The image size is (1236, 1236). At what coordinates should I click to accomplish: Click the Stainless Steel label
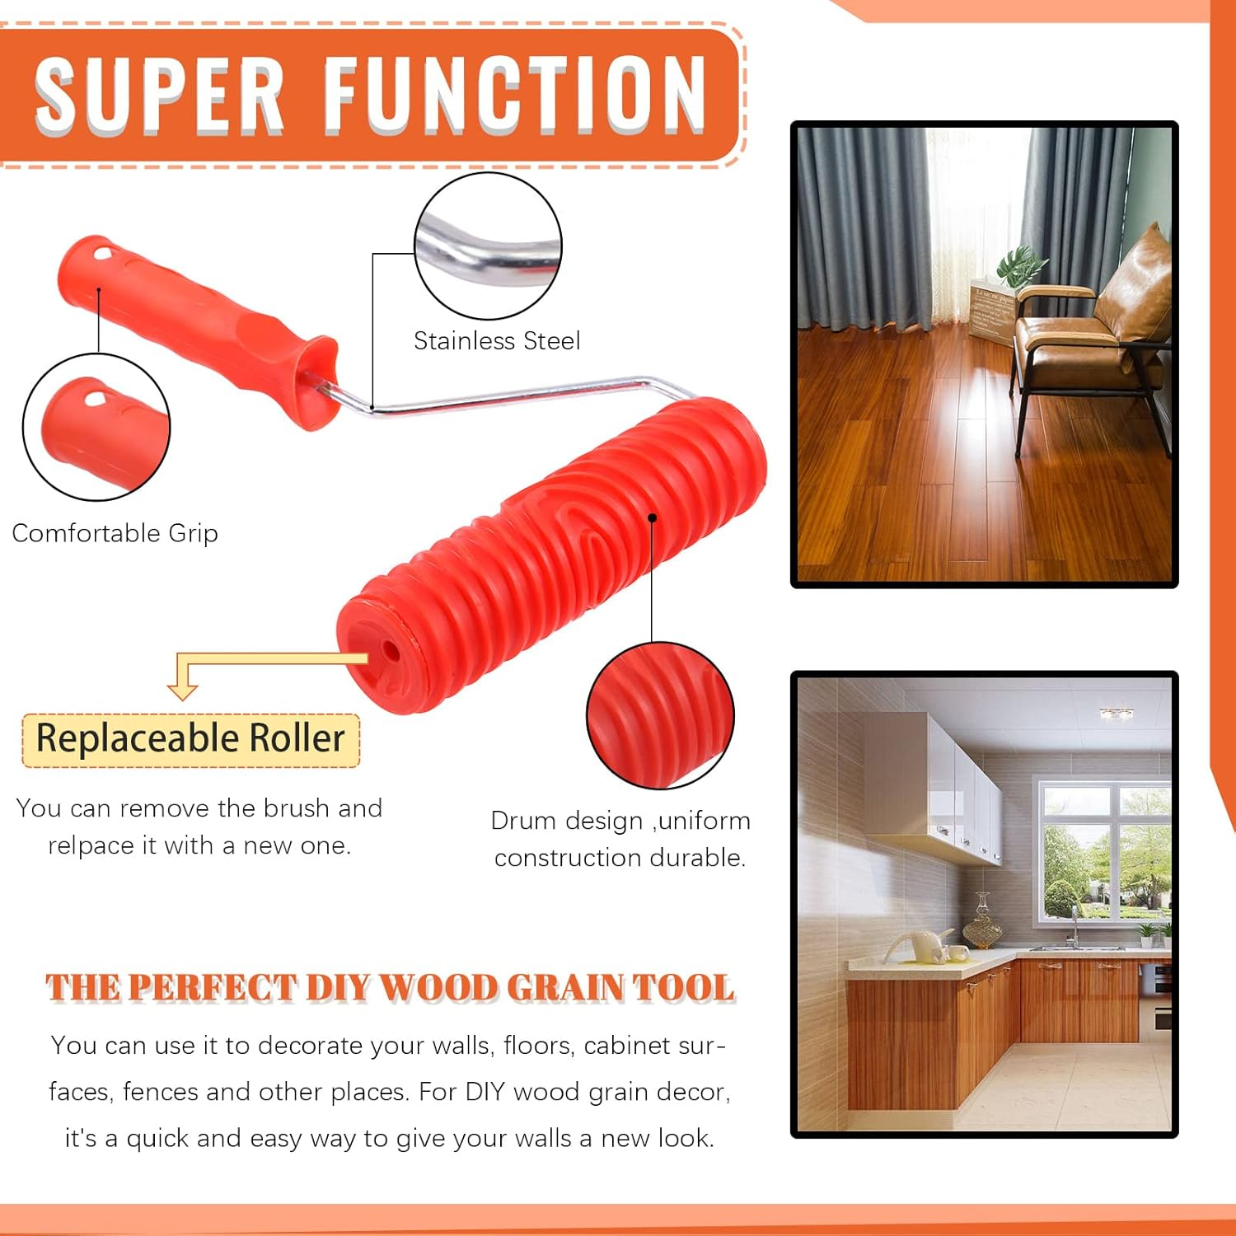point(497,340)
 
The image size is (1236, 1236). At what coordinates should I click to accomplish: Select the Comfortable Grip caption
point(115,533)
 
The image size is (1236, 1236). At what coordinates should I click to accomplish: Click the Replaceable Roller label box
point(190,739)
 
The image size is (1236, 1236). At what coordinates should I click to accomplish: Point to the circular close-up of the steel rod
point(488,246)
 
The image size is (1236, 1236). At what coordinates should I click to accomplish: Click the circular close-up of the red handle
point(96,427)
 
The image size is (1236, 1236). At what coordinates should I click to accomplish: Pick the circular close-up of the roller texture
point(660,714)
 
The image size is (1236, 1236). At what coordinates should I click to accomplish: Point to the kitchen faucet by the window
point(1074,923)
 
